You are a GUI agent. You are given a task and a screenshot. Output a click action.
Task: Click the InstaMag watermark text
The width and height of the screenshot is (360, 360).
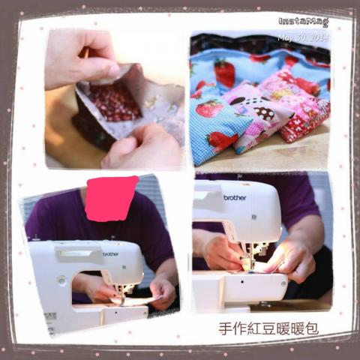tap(304, 22)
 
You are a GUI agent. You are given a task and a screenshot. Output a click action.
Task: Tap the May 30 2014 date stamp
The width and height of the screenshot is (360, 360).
tap(303, 37)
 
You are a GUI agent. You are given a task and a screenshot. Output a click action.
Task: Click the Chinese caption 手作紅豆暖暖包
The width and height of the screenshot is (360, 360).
tap(268, 328)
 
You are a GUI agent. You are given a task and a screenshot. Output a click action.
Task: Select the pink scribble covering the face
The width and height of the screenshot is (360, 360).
tap(112, 197)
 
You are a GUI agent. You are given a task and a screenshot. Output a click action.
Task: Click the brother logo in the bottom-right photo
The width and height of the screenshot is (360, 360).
tap(235, 198)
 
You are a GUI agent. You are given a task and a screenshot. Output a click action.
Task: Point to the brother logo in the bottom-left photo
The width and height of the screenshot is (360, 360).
tap(111, 254)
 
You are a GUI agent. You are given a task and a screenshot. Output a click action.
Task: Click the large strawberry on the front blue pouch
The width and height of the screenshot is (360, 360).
tap(209, 109)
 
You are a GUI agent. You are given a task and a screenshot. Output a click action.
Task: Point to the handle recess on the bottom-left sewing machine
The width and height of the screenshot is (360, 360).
tap(74, 253)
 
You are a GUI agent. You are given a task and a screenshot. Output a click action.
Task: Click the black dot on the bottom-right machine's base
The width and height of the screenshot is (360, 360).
tap(242, 282)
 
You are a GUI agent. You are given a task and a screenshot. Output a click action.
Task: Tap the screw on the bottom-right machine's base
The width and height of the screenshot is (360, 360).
tap(283, 283)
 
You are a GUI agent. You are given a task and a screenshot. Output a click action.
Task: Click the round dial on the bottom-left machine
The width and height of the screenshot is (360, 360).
tap(61, 280)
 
